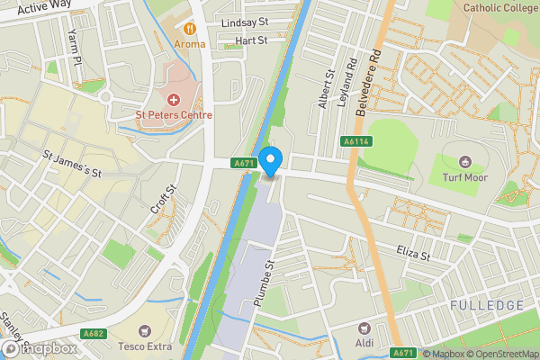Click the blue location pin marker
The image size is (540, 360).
[272, 161]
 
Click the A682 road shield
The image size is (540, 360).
[93, 334]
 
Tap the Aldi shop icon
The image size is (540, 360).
[364, 330]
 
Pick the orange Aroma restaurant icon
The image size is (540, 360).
[190, 28]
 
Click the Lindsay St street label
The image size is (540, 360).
[246, 22]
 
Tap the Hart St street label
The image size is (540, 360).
[251, 40]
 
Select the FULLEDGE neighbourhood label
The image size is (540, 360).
[488, 307]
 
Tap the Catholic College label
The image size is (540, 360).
[499, 8]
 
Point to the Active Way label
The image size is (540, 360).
[44, 7]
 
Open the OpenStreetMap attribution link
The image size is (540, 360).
[502, 354]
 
